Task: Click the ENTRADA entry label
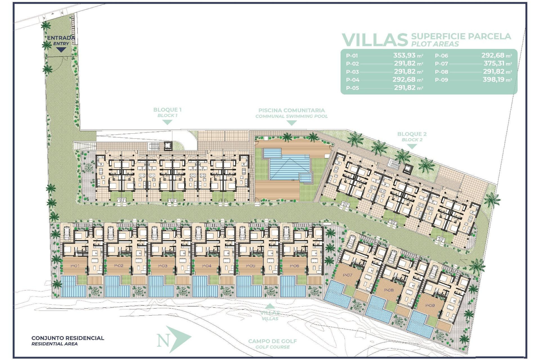61,38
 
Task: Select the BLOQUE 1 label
167,110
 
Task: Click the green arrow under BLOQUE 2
412,147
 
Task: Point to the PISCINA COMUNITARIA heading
291,111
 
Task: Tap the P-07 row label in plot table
441,64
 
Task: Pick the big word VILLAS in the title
375,40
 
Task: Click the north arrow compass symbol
173,339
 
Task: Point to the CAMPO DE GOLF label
272,341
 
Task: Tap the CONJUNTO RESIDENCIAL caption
67,338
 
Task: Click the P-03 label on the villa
163,266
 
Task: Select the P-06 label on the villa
294,266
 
